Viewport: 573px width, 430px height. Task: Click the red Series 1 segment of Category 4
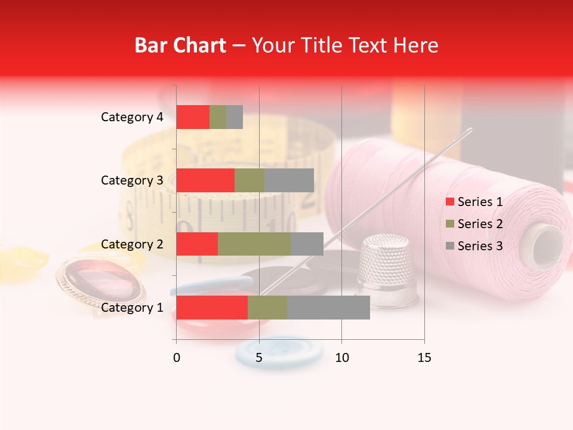tap(193, 117)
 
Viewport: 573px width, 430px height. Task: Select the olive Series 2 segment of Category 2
tap(254, 244)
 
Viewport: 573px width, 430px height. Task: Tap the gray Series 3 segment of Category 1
tap(328, 308)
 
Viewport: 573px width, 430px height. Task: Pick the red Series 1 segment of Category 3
tap(205, 180)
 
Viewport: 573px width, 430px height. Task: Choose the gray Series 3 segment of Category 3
tap(289, 180)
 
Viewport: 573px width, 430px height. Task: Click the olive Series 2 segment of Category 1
tap(267, 308)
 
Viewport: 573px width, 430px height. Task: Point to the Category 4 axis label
tap(132, 117)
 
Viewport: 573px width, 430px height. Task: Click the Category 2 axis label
tap(132, 244)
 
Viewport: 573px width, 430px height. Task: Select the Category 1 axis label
tap(132, 308)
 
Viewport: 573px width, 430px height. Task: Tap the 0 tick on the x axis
tap(177, 358)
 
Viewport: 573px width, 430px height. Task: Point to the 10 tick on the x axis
tap(341, 358)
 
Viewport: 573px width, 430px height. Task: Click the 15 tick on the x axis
tap(424, 358)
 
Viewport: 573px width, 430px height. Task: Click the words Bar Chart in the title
tap(180, 45)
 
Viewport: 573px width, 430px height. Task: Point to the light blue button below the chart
tap(279, 352)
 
